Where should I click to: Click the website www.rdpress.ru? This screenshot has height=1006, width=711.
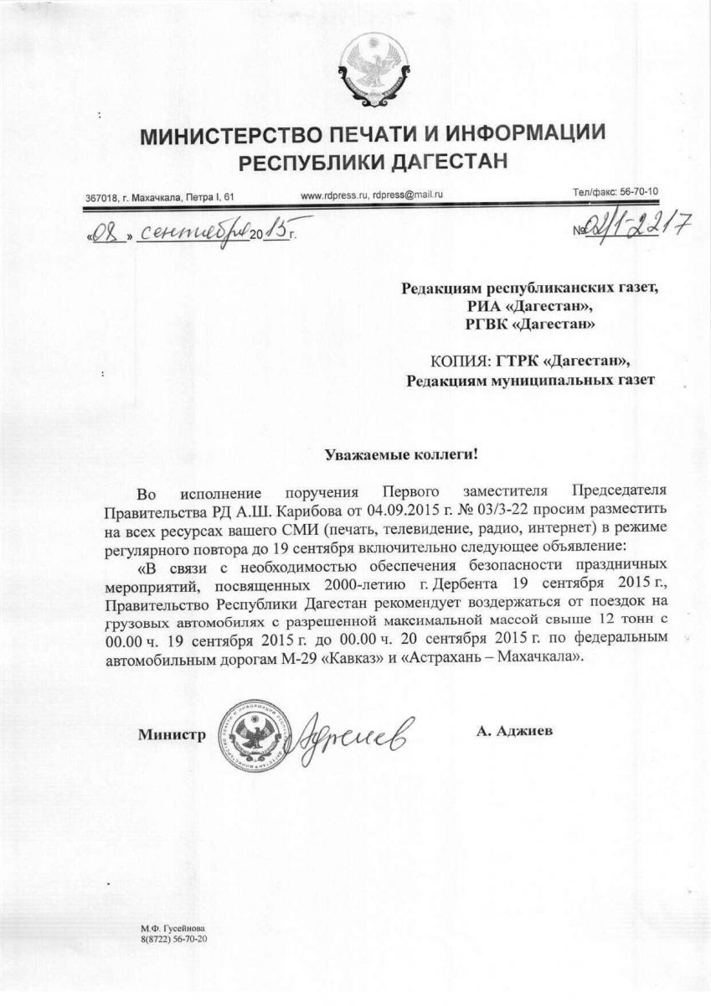click(334, 194)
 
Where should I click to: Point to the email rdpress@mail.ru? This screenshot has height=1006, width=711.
click(408, 194)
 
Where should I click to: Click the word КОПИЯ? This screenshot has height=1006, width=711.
click(460, 361)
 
